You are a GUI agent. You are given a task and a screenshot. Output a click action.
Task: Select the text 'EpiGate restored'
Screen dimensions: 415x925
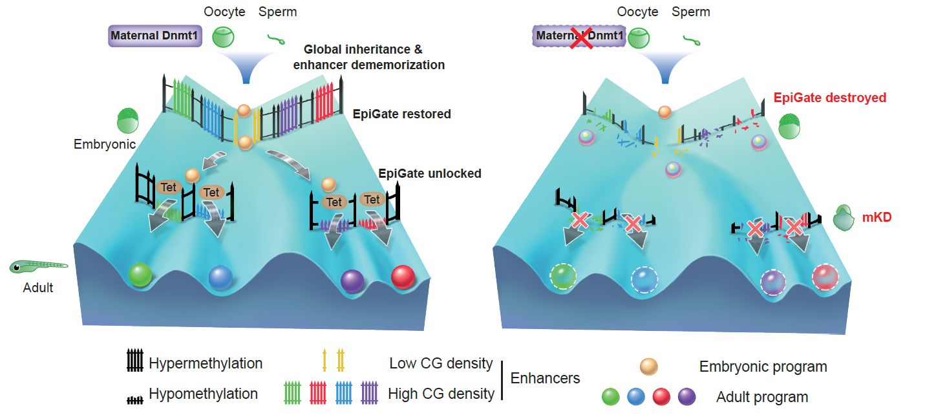pos(401,114)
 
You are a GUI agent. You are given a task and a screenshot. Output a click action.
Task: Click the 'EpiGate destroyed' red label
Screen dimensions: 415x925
pos(829,98)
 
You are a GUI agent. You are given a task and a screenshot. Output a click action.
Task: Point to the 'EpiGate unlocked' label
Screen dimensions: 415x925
pos(430,173)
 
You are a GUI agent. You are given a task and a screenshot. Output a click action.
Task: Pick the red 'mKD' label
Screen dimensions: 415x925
pos(877,218)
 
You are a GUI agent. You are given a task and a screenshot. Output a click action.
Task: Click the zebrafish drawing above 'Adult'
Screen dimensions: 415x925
pos(39,266)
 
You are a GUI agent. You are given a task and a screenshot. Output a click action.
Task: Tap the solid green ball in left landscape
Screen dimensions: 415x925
pos(140,275)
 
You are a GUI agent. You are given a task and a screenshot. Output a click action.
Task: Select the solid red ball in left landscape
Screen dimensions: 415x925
pos(403,276)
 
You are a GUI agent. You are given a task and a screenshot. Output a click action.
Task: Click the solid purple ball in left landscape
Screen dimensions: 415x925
pos(352,279)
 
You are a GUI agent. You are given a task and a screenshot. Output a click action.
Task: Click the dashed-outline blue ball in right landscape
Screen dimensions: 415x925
pos(644,279)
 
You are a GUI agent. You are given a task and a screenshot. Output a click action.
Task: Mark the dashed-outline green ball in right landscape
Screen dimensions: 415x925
pos(562,277)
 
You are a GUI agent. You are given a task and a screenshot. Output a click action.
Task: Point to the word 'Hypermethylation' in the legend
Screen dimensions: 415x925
pos(206,363)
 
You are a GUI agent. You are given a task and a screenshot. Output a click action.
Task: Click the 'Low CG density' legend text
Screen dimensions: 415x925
pos(441,363)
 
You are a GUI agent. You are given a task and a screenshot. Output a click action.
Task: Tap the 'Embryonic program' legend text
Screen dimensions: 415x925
pos(763,367)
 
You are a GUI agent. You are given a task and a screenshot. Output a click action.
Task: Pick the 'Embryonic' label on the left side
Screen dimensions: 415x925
pos(105,144)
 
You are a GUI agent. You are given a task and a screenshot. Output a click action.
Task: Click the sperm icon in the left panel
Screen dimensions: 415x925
pos(276,40)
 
